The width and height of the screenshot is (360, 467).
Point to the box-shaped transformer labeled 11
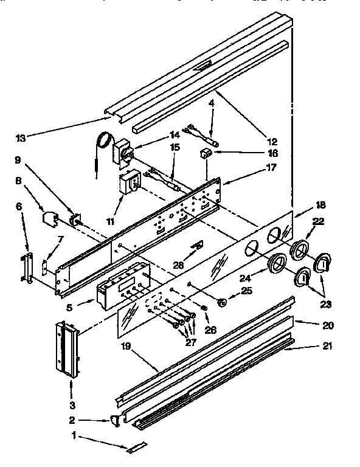(x=129, y=182)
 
